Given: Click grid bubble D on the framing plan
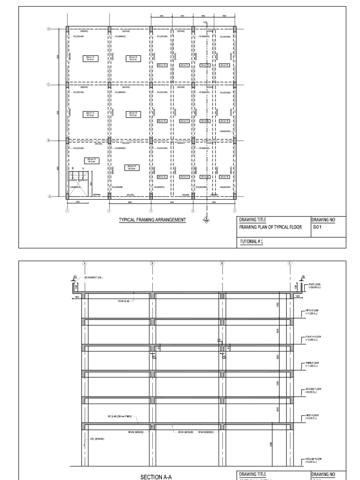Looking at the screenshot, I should click(48, 29).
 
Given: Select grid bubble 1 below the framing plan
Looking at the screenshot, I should click(67, 211).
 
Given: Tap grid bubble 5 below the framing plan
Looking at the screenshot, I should click(235, 211).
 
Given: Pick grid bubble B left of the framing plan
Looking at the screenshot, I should click(48, 140).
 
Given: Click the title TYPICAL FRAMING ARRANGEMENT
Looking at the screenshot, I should click(152, 219).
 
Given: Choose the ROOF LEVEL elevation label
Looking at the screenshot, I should click(314, 285).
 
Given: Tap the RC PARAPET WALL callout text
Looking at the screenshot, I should click(94, 278).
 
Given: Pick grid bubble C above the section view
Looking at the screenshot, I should click(290, 263).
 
